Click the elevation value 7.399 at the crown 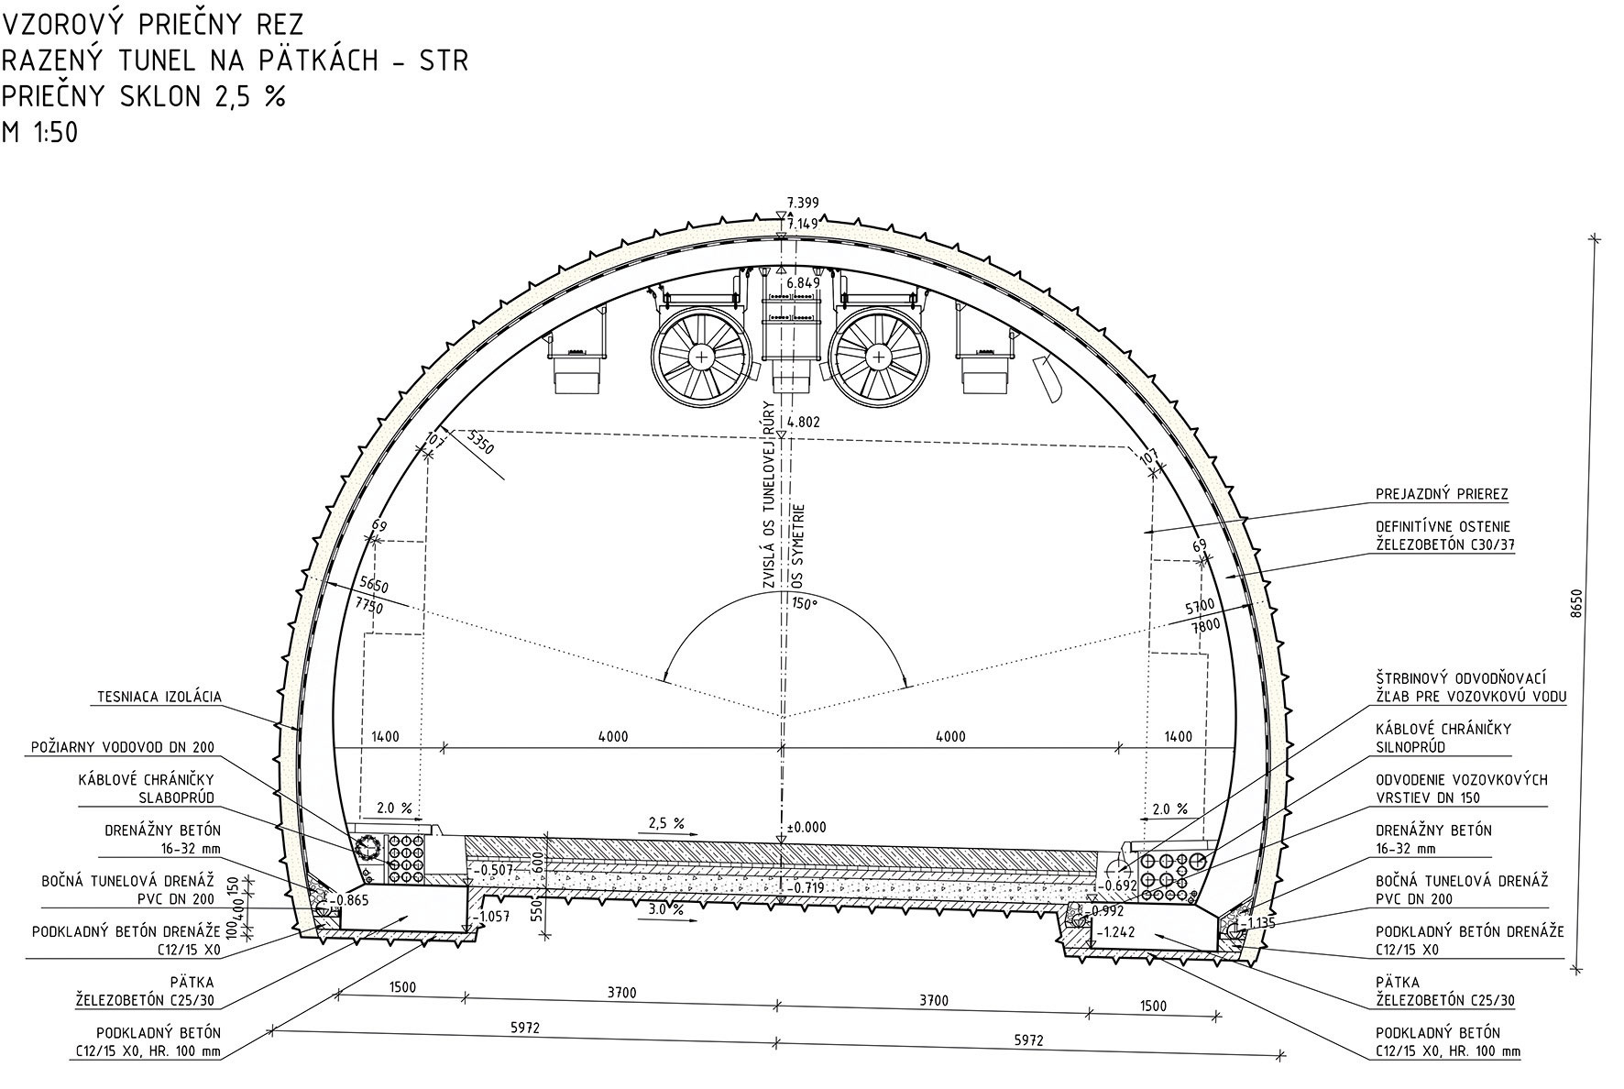pos(803,203)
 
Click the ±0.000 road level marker pos(806,827)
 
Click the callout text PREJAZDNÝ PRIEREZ pos(1442,494)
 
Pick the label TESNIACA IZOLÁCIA pos(159,698)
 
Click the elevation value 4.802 pos(803,423)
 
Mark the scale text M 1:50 pos(40,133)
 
